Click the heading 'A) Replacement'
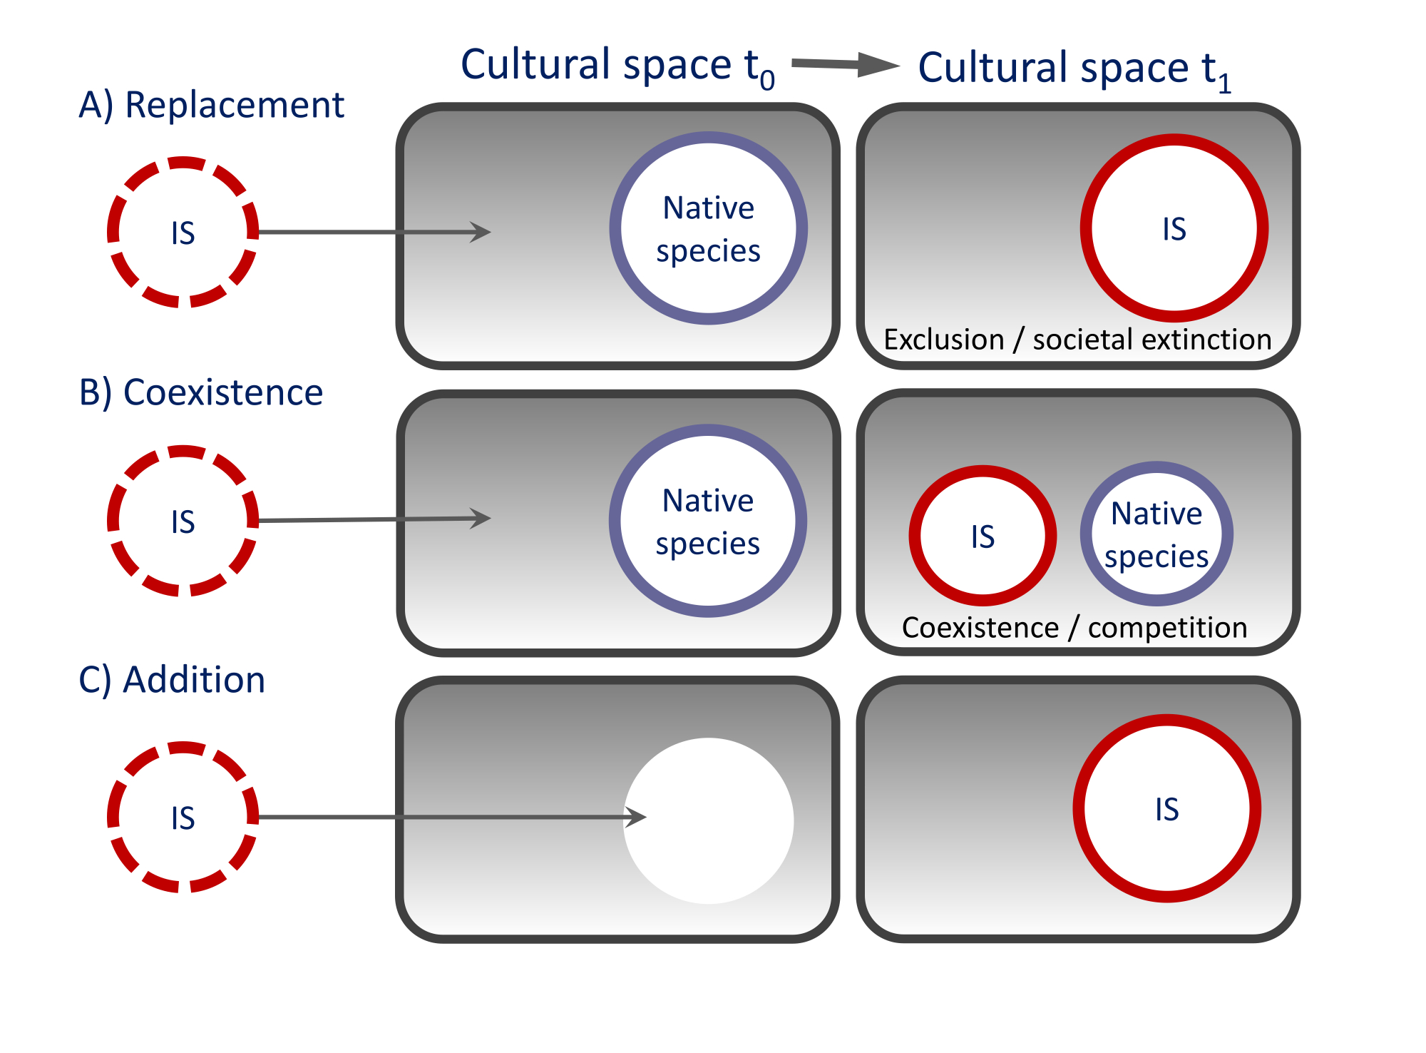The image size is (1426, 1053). point(211,106)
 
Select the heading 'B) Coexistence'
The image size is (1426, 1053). point(200,393)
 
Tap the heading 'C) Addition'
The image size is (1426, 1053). point(172,680)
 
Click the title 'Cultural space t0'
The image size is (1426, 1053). point(617,66)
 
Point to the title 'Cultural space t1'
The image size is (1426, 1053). point(1074,69)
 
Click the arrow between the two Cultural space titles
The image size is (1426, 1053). point(845,65)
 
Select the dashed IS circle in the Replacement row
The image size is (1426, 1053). point(183,232)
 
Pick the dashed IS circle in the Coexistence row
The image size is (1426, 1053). point(183,521)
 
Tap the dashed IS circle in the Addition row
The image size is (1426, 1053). point(183,817)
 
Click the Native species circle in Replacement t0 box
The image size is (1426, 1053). point(708,228)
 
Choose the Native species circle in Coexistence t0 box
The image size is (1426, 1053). point(707,521)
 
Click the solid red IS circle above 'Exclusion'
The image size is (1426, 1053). point(1174,228)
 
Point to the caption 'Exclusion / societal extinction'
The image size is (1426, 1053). point(1077,340)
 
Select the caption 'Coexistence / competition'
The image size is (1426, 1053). point(1074,628)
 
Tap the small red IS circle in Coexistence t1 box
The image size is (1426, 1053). point(983,536)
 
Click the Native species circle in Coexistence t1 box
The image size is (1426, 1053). point(1156,534)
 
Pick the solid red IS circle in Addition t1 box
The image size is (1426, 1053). point(1166,808)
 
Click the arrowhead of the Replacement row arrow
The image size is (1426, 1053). point(482,232)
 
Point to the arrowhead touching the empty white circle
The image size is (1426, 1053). point(637,817)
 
